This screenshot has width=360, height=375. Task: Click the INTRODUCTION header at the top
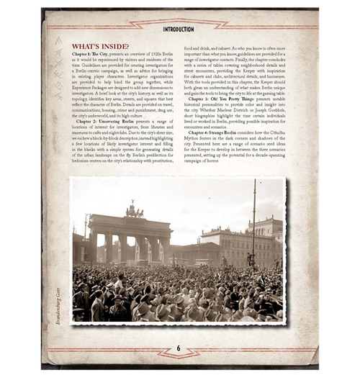tap(179, 30)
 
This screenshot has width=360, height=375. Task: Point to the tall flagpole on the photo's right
tap(253, 223)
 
